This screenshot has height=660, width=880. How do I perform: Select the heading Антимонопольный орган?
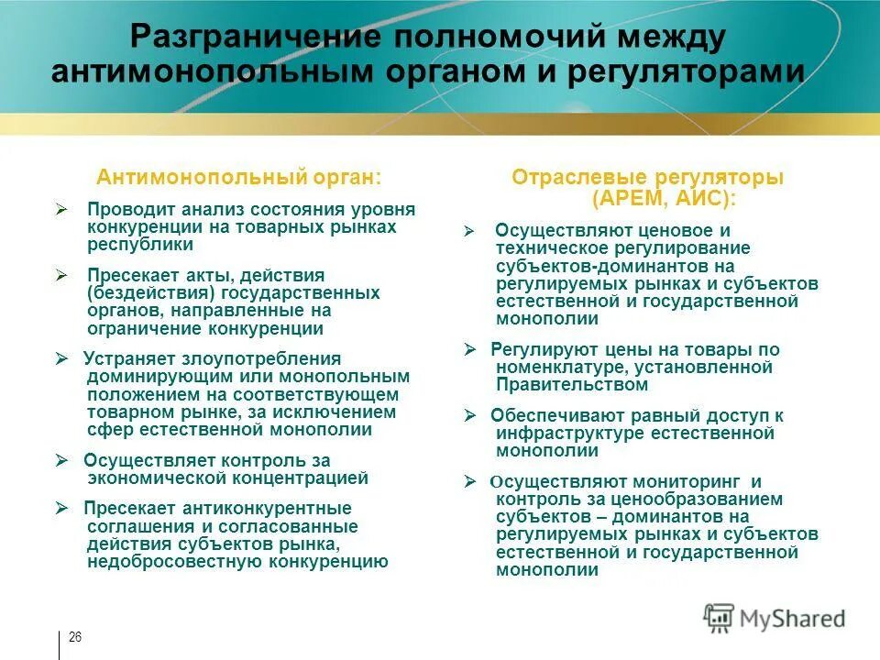239,176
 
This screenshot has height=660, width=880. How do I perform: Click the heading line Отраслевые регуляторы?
647,177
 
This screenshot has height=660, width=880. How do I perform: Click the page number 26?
75,638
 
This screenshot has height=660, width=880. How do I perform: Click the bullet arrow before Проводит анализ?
61,210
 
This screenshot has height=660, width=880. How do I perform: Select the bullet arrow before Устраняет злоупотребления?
61,358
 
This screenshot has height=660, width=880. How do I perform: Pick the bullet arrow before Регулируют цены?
469,349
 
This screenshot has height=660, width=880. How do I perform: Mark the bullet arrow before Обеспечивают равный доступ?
469,415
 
